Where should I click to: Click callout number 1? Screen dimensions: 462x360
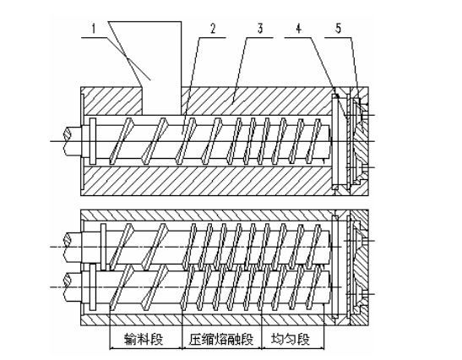(94, 30)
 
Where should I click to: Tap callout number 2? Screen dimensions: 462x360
(213, 29)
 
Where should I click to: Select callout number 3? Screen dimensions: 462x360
(260, 29)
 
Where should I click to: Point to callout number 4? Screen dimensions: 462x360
(299, 29)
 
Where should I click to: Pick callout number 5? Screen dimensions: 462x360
(338, 29)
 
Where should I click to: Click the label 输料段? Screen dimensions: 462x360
(144, 339)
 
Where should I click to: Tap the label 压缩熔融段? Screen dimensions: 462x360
(221, 339)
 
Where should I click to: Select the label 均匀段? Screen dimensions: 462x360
(291, 339)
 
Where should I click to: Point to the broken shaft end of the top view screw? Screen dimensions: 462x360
(68, 141)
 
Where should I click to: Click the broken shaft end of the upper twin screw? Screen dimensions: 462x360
(68, 247)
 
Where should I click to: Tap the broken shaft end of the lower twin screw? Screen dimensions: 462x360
(68, 287)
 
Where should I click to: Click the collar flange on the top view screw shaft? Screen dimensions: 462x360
(93, 141)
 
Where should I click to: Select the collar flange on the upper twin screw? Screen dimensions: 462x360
(103, 247)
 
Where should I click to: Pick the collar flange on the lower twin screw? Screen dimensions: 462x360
(93, 286)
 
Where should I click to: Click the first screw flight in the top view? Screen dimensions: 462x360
(121, 141)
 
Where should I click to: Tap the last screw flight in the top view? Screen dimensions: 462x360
(313, 141)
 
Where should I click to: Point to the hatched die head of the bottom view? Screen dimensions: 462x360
(360, 267)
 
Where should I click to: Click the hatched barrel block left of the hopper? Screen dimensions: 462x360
(111, 101)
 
